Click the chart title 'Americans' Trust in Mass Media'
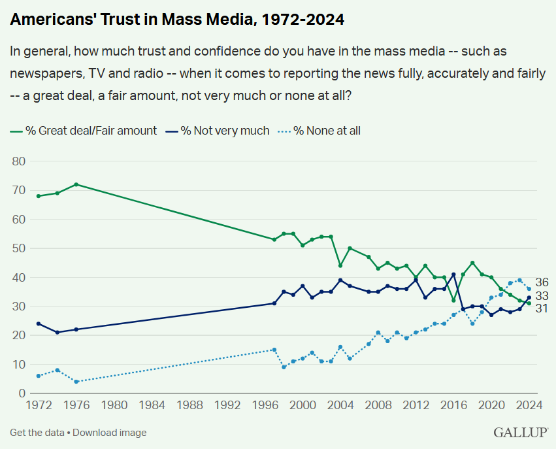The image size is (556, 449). point(177,20)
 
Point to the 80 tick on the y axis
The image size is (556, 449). point(18,161)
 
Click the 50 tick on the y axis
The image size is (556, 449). point(18,248)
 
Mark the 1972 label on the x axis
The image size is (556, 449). point(38,405)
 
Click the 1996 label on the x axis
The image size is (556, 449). point(265,405)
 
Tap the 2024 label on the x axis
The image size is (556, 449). point(529,405)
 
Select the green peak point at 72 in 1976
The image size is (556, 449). point(76,184)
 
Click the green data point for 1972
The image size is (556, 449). point(39,196)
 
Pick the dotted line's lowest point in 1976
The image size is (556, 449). point(76,382)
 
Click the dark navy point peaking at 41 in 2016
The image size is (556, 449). point(453,274)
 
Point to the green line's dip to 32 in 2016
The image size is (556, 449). point(453,301)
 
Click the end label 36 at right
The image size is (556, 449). point(542,283)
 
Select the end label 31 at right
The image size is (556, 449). point(542,308)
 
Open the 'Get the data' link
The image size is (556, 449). point(37,433)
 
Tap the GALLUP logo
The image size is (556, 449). point(521,433)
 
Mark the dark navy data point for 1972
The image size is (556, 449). point(39,324)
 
